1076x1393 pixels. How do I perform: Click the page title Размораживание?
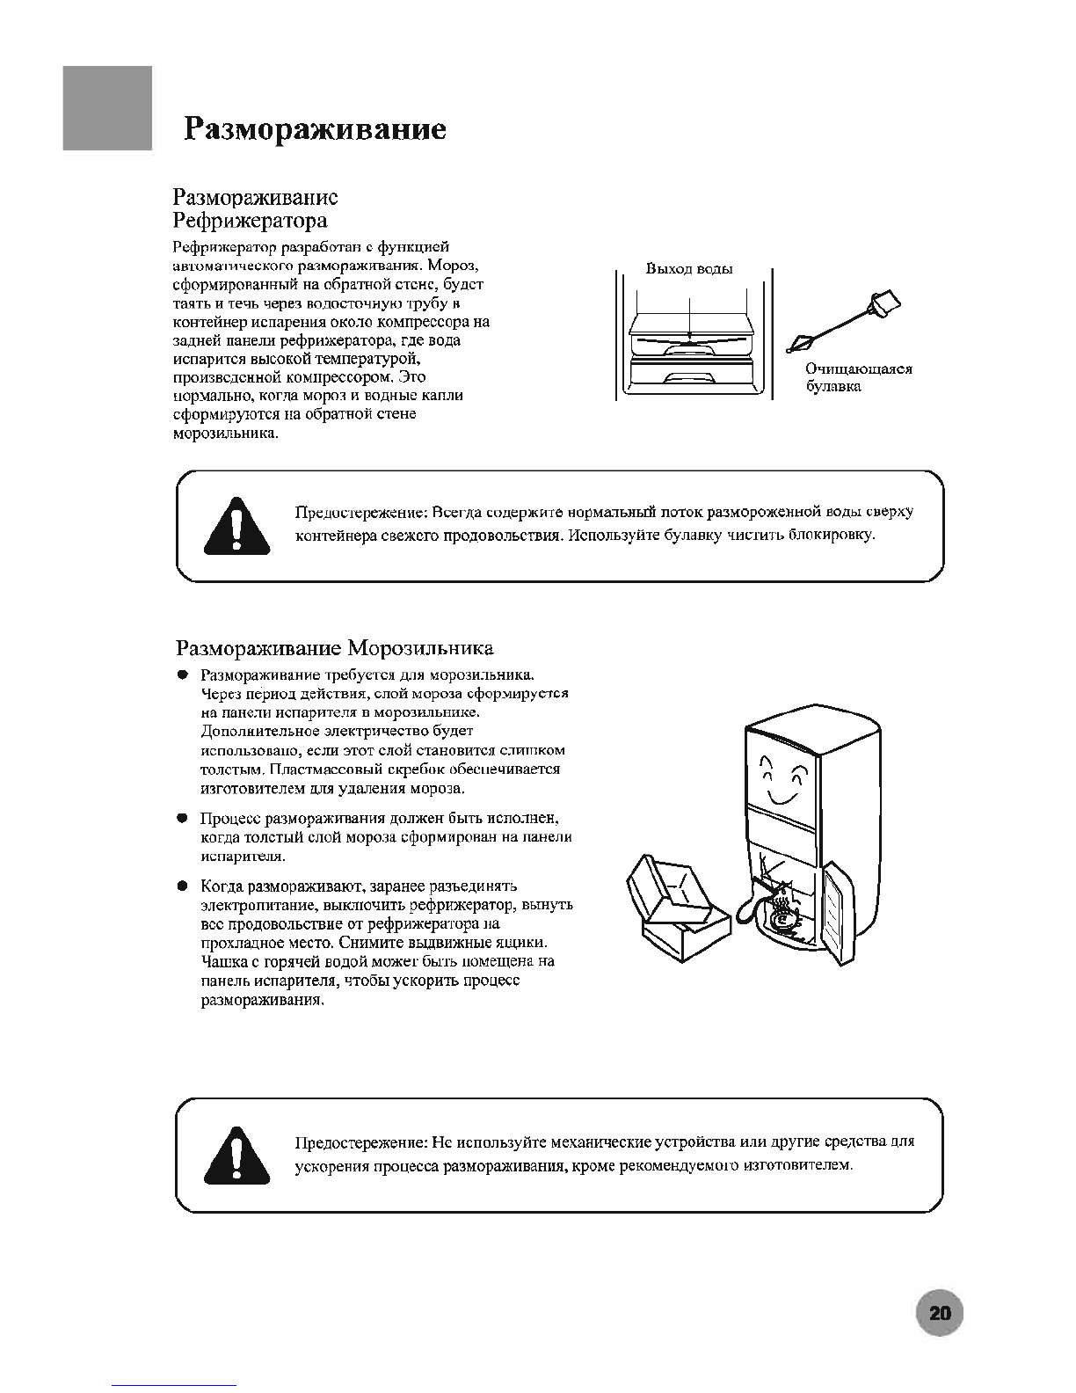(315, 129)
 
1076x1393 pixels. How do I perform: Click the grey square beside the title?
(107, 108)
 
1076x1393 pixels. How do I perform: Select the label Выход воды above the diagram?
(689, 269)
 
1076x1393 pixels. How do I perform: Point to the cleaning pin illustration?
(844, 321)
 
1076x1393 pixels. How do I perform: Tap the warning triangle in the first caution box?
(236, 526)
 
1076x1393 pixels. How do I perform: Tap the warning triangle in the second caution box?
(236, 1156)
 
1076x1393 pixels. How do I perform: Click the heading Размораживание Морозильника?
(335, 649)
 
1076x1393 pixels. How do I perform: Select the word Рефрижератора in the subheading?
(250, 219)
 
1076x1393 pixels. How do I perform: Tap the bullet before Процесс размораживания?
(182, 819)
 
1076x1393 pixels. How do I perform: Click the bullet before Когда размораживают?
(182, 886)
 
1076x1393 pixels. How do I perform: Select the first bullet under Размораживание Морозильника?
(182, 675)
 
